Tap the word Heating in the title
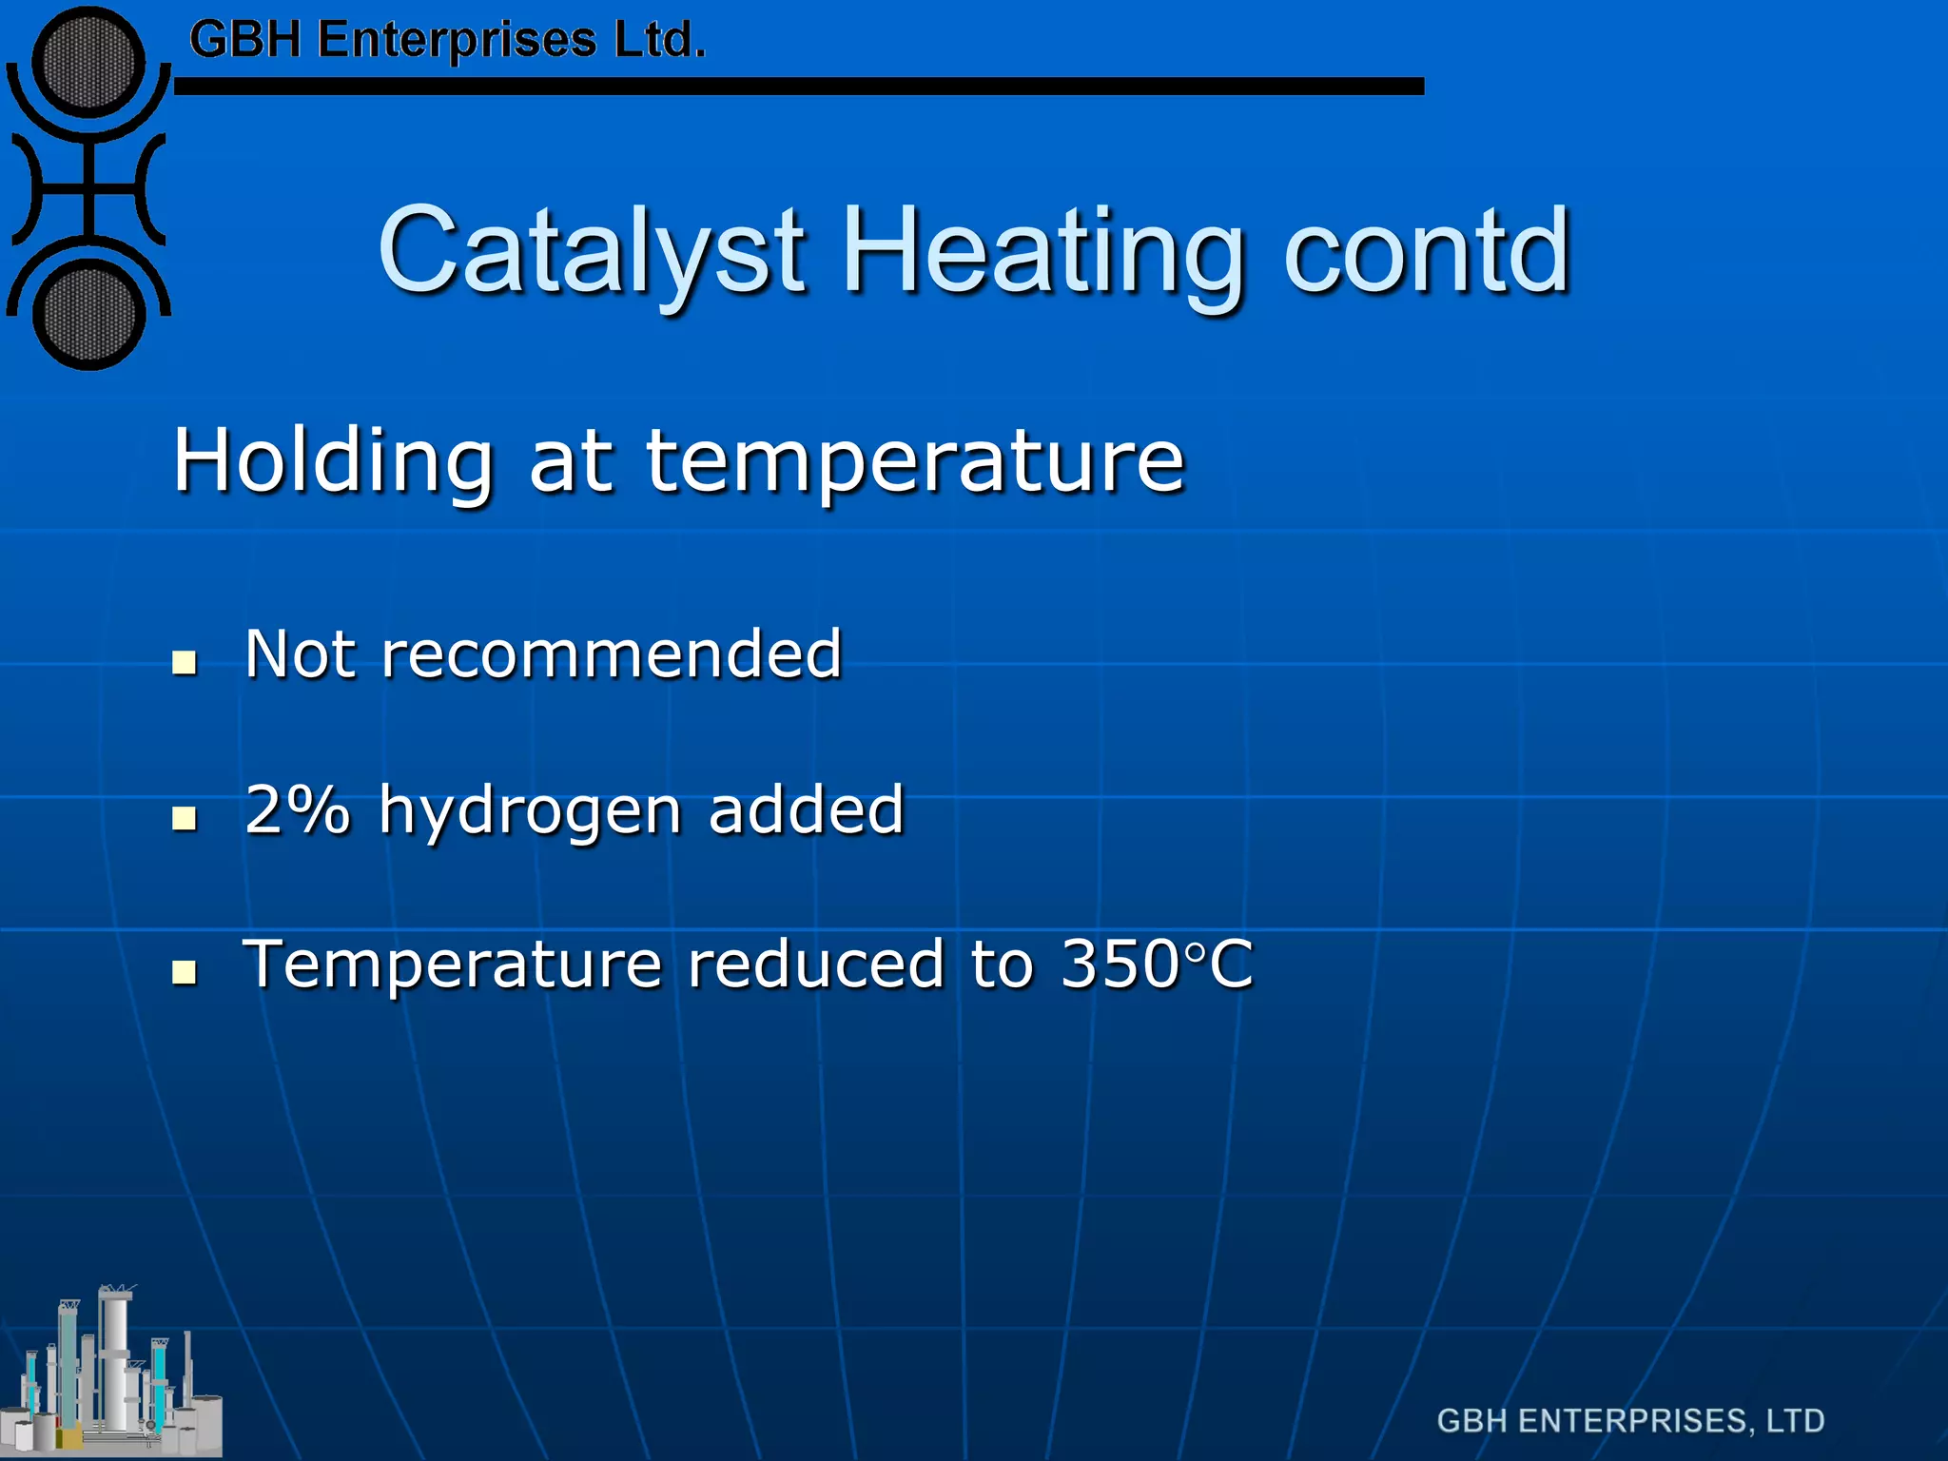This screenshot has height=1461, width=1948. click(1042, 252)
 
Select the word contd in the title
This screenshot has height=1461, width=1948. click(1426, 252)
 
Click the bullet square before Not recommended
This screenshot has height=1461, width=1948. click(185, 662)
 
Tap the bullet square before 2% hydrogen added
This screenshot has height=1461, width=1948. click(185, 818)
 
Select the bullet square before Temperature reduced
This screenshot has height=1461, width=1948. click(185, 972)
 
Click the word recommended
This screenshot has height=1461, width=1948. click(611, 654)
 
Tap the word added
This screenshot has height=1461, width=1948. click(806, 809)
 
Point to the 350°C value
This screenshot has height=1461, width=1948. click(1157, 964)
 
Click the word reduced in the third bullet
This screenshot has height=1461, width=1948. click(815, 964)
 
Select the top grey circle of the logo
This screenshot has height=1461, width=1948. click(88, 63)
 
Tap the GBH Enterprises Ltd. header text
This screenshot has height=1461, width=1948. click(447, 40)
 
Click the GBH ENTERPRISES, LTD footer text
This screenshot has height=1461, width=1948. click(1630, 1421)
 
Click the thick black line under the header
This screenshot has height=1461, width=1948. click(799, 87)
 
